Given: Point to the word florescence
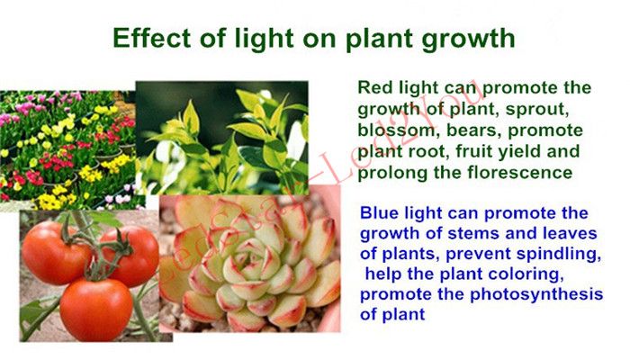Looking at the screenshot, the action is tap(520, 173).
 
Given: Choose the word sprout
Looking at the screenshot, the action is tap(536, 110).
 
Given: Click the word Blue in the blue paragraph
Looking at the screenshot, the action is tap(379, 212).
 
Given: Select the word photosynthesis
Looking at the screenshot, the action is tap(536, 294).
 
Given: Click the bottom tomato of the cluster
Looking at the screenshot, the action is tap(96, 310).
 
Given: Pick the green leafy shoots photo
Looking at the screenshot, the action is tap(221, 138).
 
